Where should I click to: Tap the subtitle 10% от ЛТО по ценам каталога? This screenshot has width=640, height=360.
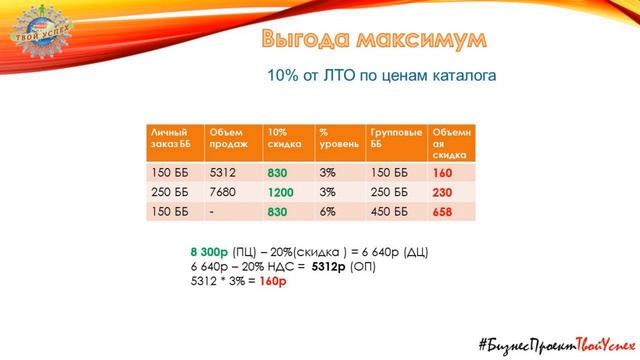pos(381,75)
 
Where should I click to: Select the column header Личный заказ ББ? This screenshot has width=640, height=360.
pos(174,144)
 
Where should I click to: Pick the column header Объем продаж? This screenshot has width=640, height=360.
pos(232,144)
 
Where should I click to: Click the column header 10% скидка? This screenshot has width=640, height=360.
pos(288,144)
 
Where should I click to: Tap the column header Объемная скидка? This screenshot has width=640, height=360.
pos(450,144)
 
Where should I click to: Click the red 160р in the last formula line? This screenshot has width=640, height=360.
pos(273,281)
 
